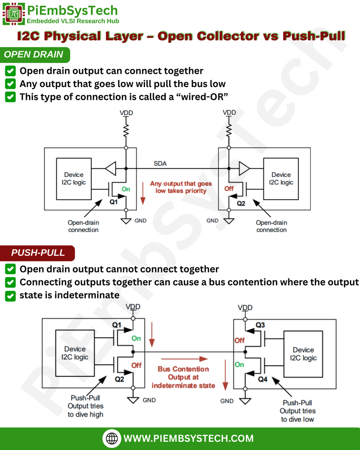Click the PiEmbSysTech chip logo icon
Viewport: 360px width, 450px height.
[14, 14]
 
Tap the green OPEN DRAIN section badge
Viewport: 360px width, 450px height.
[34, 55]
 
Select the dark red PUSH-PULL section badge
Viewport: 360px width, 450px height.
[38, 253]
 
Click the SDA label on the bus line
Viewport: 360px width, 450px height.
[160, 163]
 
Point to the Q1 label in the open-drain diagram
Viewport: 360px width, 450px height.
[114, 202]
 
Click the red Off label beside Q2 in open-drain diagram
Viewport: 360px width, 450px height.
[229, 189]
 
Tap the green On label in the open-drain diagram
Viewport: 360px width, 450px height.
[126, 189]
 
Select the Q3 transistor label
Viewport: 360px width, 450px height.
[260, 325]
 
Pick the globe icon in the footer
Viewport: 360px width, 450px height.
[113, 438]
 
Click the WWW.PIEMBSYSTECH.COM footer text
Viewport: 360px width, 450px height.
[189, 438]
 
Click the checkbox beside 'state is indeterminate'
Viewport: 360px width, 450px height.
[11, 295]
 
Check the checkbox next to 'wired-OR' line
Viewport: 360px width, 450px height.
[11, 97]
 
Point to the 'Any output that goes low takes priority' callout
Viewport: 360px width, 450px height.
[181, 187]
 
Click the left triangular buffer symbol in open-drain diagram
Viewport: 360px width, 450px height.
[110, 168]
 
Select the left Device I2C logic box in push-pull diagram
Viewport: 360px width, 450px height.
[75, 353]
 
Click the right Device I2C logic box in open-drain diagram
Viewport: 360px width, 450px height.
[281, 178]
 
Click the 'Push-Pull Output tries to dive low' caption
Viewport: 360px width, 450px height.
[298, 410]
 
